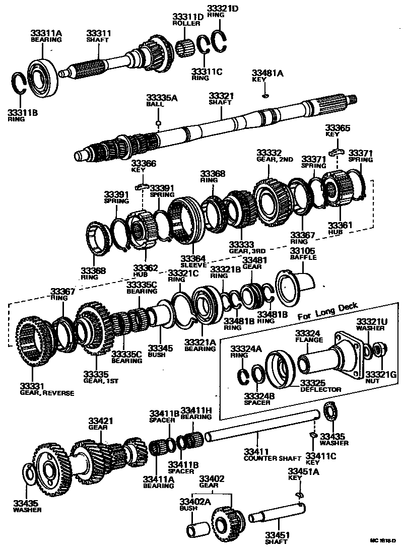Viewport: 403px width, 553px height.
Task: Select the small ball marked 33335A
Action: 158,122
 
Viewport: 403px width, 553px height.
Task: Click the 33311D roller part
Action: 186,48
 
